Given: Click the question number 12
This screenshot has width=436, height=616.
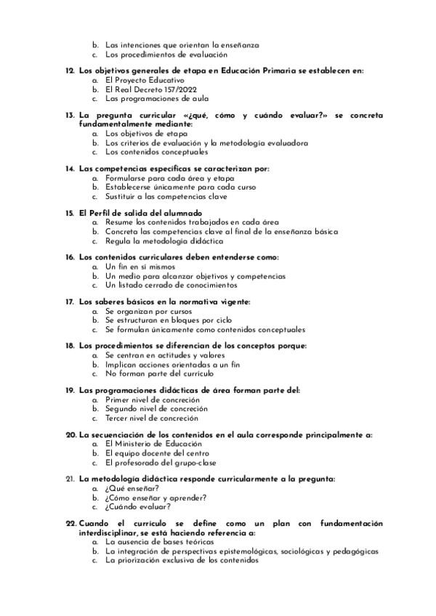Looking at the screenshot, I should click(70, 70).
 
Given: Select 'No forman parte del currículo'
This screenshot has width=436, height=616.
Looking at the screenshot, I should click(159, 373).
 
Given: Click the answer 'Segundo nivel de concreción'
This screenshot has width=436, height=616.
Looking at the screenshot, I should click(156, 409).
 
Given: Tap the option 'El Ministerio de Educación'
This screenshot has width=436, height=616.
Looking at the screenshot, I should click(155, 444).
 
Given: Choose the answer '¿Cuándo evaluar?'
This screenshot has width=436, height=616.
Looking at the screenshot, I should click(135, 507).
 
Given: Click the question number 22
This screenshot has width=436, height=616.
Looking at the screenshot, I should click(70, 523).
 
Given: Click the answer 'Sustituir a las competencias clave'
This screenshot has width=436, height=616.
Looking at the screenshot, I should click(166, 196).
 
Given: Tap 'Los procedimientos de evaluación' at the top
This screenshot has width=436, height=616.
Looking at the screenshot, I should click(166, 54).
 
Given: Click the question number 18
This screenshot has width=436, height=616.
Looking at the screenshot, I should click(70, 346).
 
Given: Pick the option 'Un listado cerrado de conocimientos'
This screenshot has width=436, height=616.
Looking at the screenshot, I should click(171, 285).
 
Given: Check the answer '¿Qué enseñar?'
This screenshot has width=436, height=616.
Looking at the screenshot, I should click(132, 488).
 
